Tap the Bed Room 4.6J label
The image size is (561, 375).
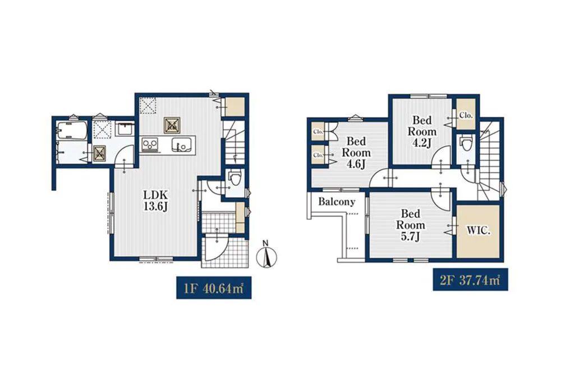tap(356, 153)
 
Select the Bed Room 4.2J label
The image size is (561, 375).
tap(422, 131)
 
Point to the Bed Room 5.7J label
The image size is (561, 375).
tap(410, 225)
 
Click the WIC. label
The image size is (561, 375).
tap(478, 231)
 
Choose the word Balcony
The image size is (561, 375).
tap(337, 202)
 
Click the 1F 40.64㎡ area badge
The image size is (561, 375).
tap(214, 287)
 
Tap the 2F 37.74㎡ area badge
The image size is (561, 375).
tap(470, 280)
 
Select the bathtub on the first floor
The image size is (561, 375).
tap(72, 131)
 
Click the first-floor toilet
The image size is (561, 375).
tap(235, 177)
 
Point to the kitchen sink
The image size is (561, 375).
tap(181, 145)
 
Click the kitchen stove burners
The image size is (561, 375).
tap(150, 145)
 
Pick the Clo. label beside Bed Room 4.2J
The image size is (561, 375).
tap(466, 115)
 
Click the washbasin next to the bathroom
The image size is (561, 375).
tap(125, 128)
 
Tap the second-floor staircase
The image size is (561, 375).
tap(490, 160)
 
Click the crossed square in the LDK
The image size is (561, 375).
tap(171, 125)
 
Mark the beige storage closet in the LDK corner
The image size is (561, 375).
tap(235, 106)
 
